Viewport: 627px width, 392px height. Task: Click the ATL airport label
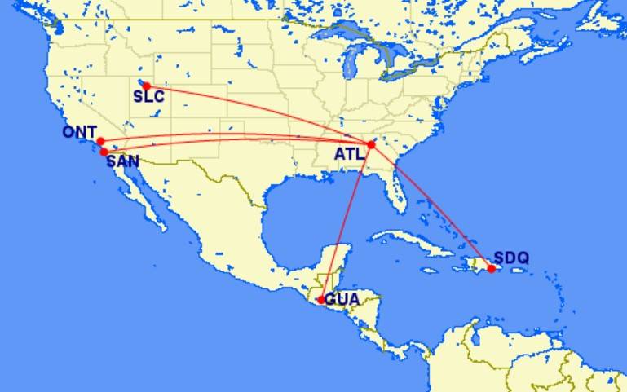click(348, 153)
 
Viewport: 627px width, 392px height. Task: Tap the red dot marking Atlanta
click(371, 144)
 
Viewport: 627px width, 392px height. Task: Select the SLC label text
click(148, 97)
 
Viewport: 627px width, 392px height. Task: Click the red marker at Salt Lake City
click(147, 86)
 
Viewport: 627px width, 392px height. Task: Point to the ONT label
click(79, 132)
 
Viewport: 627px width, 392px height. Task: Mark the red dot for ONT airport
click(100, 141)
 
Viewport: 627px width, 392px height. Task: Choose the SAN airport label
click(123, 161)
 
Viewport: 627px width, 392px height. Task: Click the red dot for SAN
click(104, 152)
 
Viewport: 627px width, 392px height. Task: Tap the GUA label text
click(342, 299)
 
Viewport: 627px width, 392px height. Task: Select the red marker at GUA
click(321, 300)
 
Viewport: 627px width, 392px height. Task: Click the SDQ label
click(511, 258)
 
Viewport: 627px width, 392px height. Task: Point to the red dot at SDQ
click(491, 268)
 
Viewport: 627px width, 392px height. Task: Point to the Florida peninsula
click(397, 192)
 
